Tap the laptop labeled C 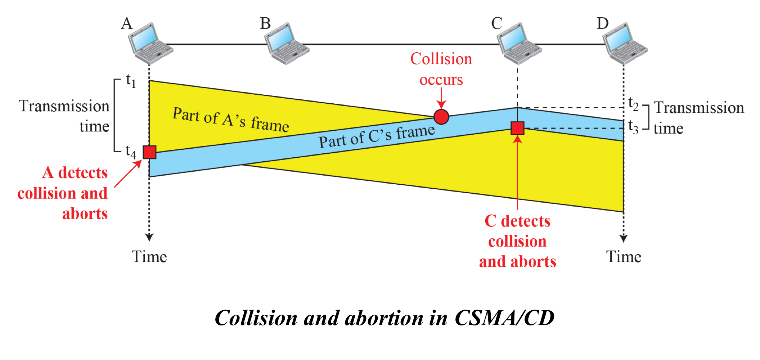[x=519, y=43]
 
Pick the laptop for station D [x=625, y=43]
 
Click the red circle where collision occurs [x=441, y=117]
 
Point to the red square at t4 [x=149, y=152]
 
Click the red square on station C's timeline [x=517, y=128]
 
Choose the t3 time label [x=633, y=127]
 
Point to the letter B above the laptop [x=265, y=24]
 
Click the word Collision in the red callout [x=441, y=59]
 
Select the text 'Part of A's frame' [x=230, y=120]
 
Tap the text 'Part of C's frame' [x=377, y=136]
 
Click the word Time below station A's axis [x=149, y=257]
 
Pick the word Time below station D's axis [x=624, y=257]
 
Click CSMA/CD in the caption [x=504, y=318]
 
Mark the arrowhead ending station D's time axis [x=624, y=238]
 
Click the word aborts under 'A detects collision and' [x=85, y=214]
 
